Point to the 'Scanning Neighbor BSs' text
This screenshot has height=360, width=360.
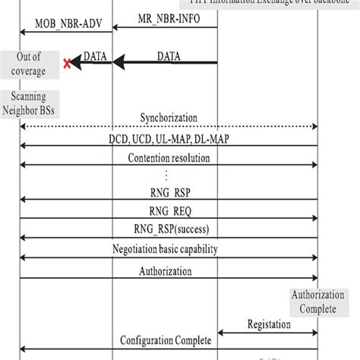(x=30, y=103)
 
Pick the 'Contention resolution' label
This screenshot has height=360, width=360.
(x=169, y=159)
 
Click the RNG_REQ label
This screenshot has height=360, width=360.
(x=169, y=210)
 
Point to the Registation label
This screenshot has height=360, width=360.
(x=269, y=324)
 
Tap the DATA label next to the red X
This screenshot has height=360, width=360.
(x=94, y=55)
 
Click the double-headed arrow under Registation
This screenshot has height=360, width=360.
(x=268, y=332)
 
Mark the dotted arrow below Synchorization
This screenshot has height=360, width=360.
(x=169, y=126)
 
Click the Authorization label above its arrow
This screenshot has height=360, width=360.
(x=169, y=271)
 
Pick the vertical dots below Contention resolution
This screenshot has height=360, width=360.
(x=169, y=176)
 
